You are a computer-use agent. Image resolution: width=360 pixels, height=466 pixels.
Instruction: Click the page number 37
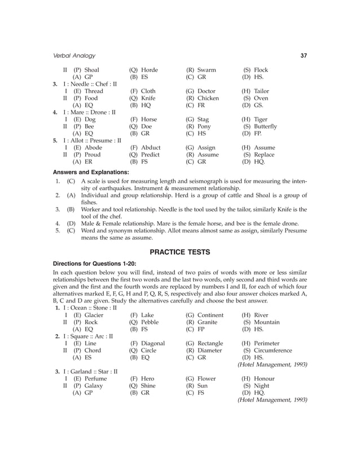[x=304, y=56]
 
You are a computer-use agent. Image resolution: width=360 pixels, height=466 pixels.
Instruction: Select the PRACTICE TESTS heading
[x=179, y=251]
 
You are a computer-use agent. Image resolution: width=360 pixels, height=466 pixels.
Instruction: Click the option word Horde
[x=150, y=70]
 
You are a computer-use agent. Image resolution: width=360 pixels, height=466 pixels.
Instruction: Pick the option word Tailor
[x=261, y=91]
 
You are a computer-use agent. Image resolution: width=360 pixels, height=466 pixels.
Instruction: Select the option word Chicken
[x=209, y=98]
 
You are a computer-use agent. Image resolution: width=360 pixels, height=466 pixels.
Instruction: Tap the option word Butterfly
[x=265, y=127]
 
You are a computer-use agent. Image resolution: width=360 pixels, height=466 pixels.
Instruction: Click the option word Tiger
[x=261, y=120]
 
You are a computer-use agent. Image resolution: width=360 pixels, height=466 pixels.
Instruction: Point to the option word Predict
[x=151, y=155]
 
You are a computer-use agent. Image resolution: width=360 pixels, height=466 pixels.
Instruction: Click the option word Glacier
[x=94, y=315]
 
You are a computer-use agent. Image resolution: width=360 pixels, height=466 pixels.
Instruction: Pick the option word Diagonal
[x=153, y=343]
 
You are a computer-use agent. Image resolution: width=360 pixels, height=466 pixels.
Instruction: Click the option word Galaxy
[x=94, y=386]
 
